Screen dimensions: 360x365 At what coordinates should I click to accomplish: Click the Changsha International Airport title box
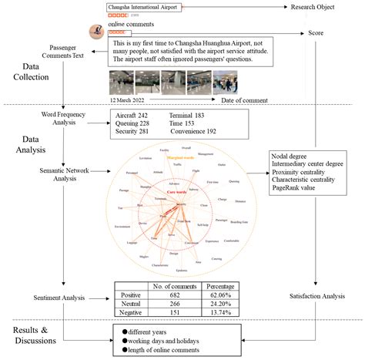click(144, 6)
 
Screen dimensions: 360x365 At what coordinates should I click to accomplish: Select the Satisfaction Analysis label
click(316, 295)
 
